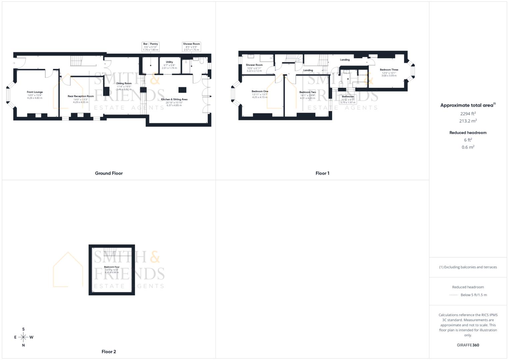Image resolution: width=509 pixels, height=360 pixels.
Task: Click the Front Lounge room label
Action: click(x=35, y=92)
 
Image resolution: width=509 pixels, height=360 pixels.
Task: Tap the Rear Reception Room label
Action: click(x=81, y=96)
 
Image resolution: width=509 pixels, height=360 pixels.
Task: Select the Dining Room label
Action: click(x=124, y=83)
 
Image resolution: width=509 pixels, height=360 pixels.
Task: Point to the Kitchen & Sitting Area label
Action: click(x=174, y=99)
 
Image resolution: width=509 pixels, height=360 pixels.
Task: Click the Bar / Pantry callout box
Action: click(x=150, y=47)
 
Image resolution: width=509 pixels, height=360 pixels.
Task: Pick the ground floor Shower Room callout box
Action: click(x=191, y=47)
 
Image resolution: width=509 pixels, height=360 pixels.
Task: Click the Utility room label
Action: click(x=169, y=62)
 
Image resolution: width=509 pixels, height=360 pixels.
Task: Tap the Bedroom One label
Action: click(x=260, y=91)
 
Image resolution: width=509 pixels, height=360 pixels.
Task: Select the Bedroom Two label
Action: click(x=307, y=92)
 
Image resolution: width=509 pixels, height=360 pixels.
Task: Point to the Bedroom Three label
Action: click(x=389, y=70)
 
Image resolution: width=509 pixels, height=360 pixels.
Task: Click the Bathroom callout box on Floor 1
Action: click(x=348, y=99)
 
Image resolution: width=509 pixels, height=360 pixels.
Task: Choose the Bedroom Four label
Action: click(x=112, y=267)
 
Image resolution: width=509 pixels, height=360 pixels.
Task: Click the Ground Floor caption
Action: click(x=109, y=173)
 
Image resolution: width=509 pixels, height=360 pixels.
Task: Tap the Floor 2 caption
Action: click(x=109, y=352)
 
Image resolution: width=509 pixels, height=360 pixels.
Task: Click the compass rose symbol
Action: click(x=23, y=337)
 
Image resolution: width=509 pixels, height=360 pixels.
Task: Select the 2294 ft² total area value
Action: click(x=468, y=114)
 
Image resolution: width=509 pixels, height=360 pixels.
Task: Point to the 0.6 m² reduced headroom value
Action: click(x=468, y=147)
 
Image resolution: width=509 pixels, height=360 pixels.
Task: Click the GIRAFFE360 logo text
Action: click(x=468, y=345)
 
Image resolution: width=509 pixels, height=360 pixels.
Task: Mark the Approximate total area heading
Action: click(x=467, y=105)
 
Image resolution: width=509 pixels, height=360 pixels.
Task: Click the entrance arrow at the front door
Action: click(x=14, y=63)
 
